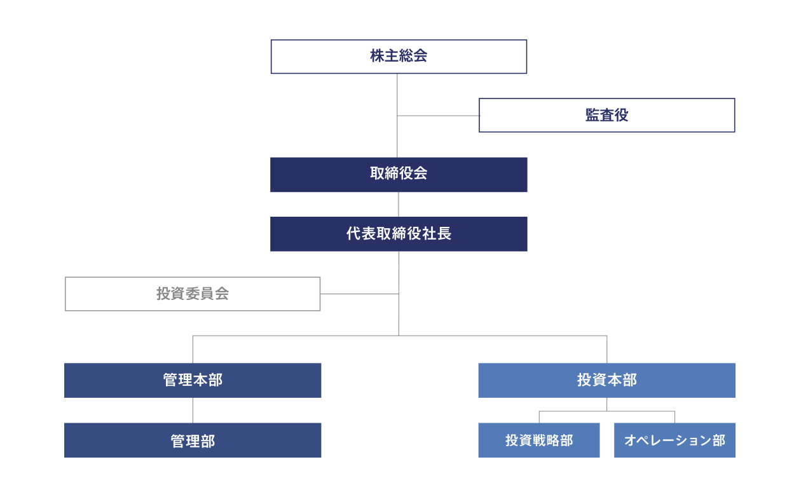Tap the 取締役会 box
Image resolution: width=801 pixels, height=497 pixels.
(x=399, y=175)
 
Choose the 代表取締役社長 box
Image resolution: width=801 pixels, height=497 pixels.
(x=399, y=234)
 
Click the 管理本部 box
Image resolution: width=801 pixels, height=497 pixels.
(x=193, y=381)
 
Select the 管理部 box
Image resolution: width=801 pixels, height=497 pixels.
(x=193, y=440)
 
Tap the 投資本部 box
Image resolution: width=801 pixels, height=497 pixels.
(x=607, y=381)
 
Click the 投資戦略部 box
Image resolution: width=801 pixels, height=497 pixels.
(x=539, y=440)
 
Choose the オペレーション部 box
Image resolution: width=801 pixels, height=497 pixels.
(x=674, y=440)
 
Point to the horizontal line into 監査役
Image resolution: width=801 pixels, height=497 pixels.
(x=438, y=116)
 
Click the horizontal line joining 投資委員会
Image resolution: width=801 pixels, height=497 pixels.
(x=359, y=294)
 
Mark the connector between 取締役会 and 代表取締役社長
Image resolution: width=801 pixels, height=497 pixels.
(x=399, y=204)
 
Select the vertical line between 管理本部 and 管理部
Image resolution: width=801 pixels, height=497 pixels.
(x=193, y=410)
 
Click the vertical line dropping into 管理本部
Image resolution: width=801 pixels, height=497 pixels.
(x=193, y=350)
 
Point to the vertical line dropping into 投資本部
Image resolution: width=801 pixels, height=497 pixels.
(x=607, y=350)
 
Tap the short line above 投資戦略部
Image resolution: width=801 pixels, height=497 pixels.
(x=539, y=417)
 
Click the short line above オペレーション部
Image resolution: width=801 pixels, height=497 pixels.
(x=674, y=417)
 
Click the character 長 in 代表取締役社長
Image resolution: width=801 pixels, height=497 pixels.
(x=444, y=233)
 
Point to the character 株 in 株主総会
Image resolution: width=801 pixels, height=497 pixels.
(x=377, y=56)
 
